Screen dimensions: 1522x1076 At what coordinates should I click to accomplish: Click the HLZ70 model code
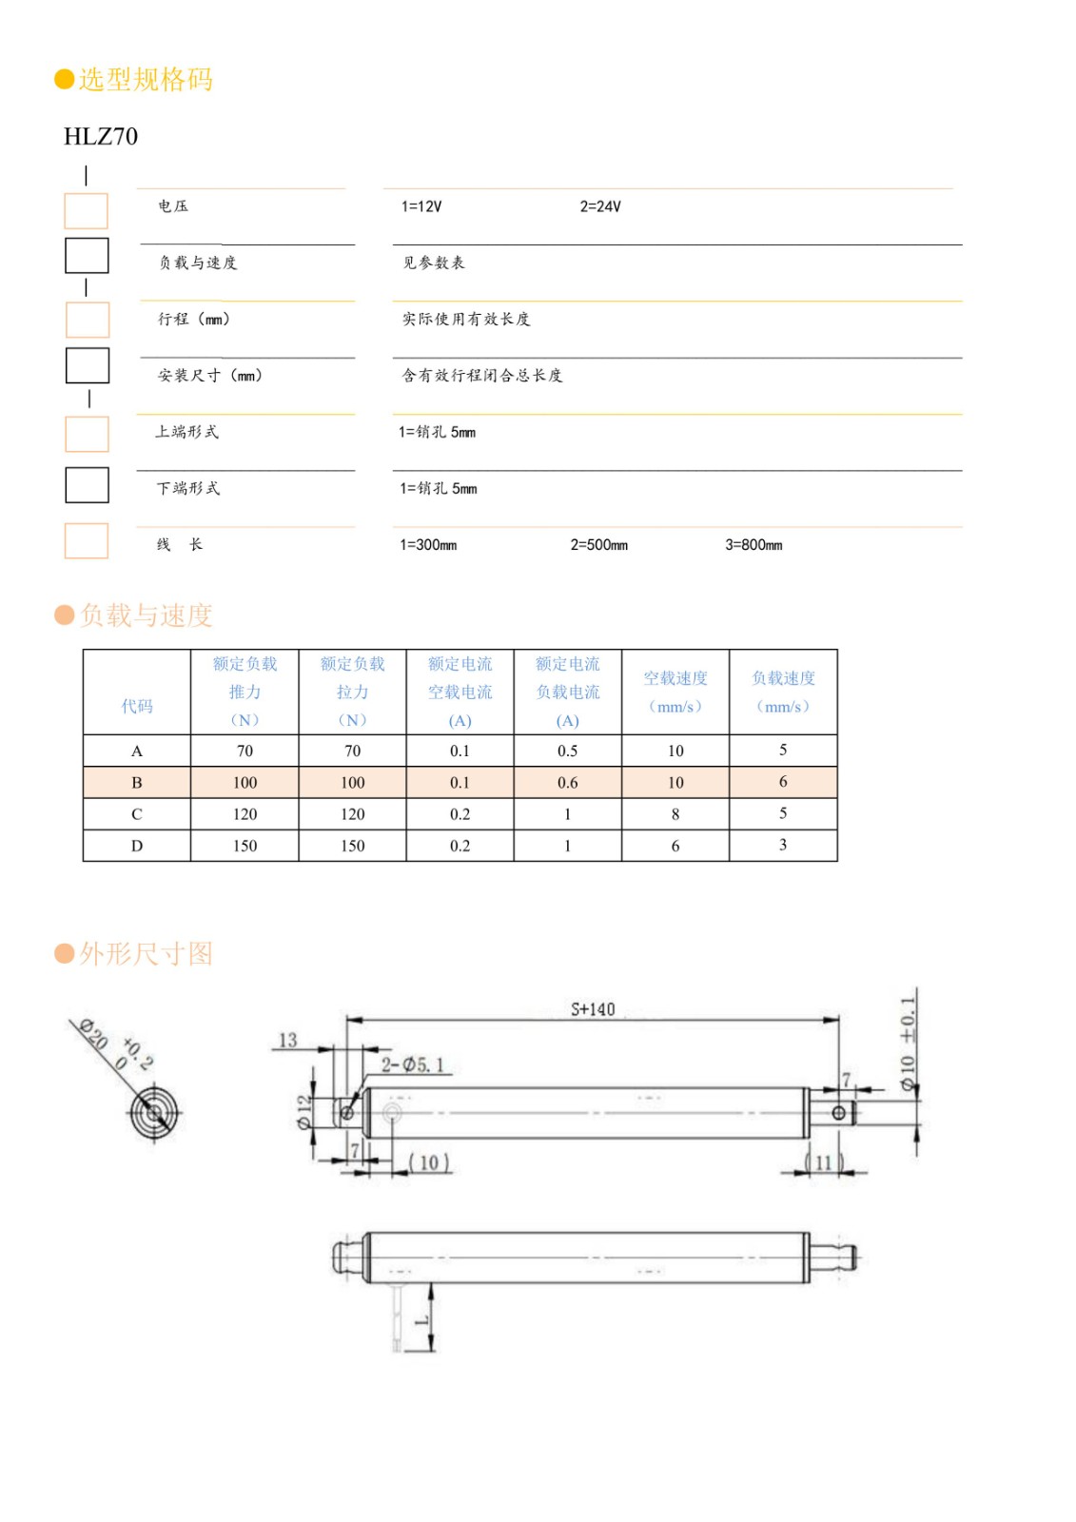coord(101,137)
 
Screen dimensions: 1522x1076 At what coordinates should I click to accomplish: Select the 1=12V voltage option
coord(421,206)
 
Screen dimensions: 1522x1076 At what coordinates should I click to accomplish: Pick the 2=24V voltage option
coord(600,206)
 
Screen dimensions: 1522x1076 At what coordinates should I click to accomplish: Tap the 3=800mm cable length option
coord(753,545)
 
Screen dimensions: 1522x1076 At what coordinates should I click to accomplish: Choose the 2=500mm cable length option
coord(598,545)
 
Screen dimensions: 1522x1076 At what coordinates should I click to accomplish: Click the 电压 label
coord(173,206)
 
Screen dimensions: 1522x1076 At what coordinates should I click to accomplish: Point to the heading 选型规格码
coord(145,80)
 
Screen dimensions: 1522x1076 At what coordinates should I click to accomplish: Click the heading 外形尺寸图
coord(145,954)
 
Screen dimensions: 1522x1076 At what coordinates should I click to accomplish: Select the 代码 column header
coord(137,706)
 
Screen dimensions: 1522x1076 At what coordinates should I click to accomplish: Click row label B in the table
coord(137,783)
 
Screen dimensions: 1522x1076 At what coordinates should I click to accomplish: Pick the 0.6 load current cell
coord(568,783)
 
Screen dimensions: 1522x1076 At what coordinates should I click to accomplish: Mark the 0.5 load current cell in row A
coord(568,751)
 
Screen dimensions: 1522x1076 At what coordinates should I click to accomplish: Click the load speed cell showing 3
coord(783,845)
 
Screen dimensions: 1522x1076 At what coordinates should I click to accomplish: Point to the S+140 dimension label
coord(593,1009)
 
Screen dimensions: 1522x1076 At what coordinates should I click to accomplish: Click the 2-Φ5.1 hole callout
coord(413,1065)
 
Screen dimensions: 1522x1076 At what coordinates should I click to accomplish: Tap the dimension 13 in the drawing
coord(287,1041)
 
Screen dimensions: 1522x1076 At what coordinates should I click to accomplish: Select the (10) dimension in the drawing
coord(429,1162)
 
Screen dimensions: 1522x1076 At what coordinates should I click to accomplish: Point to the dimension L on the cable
coord(421,1319)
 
